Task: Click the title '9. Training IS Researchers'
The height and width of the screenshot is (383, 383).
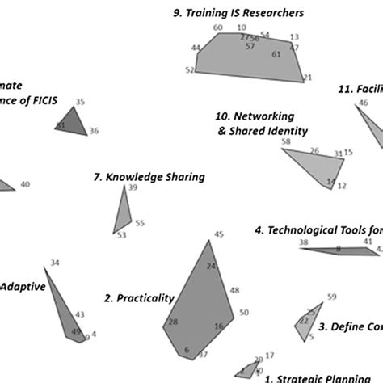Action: coord(239,13)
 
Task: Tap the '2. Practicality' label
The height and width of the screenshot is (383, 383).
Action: coord(139,298)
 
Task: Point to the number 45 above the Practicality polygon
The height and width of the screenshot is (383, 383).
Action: coord(218,234)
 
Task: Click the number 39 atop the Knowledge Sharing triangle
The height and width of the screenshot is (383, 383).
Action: coord(133,187)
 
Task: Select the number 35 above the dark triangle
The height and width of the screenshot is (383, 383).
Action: coord(80,102)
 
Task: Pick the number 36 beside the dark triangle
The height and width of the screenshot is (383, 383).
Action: coord(94,131)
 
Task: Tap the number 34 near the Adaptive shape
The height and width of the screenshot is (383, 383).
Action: coord(54,263)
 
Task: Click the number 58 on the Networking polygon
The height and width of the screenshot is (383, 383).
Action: coord(285,141)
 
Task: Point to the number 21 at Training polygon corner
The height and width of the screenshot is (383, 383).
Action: coord(308,78)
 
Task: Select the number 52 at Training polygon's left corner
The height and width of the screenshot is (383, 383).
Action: coord(190,70)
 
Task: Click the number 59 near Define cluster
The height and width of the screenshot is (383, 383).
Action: coord(330,297)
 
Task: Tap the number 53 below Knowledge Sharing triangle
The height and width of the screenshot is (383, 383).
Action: coord(121,235)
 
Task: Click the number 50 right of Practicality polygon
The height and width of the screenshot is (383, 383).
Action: coord(244,312)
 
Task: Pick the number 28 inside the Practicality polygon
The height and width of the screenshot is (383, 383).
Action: coord(173,322)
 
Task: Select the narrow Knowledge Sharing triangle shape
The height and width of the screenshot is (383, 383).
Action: coord(122,212)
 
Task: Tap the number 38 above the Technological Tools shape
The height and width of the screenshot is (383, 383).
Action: coord(303,242)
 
